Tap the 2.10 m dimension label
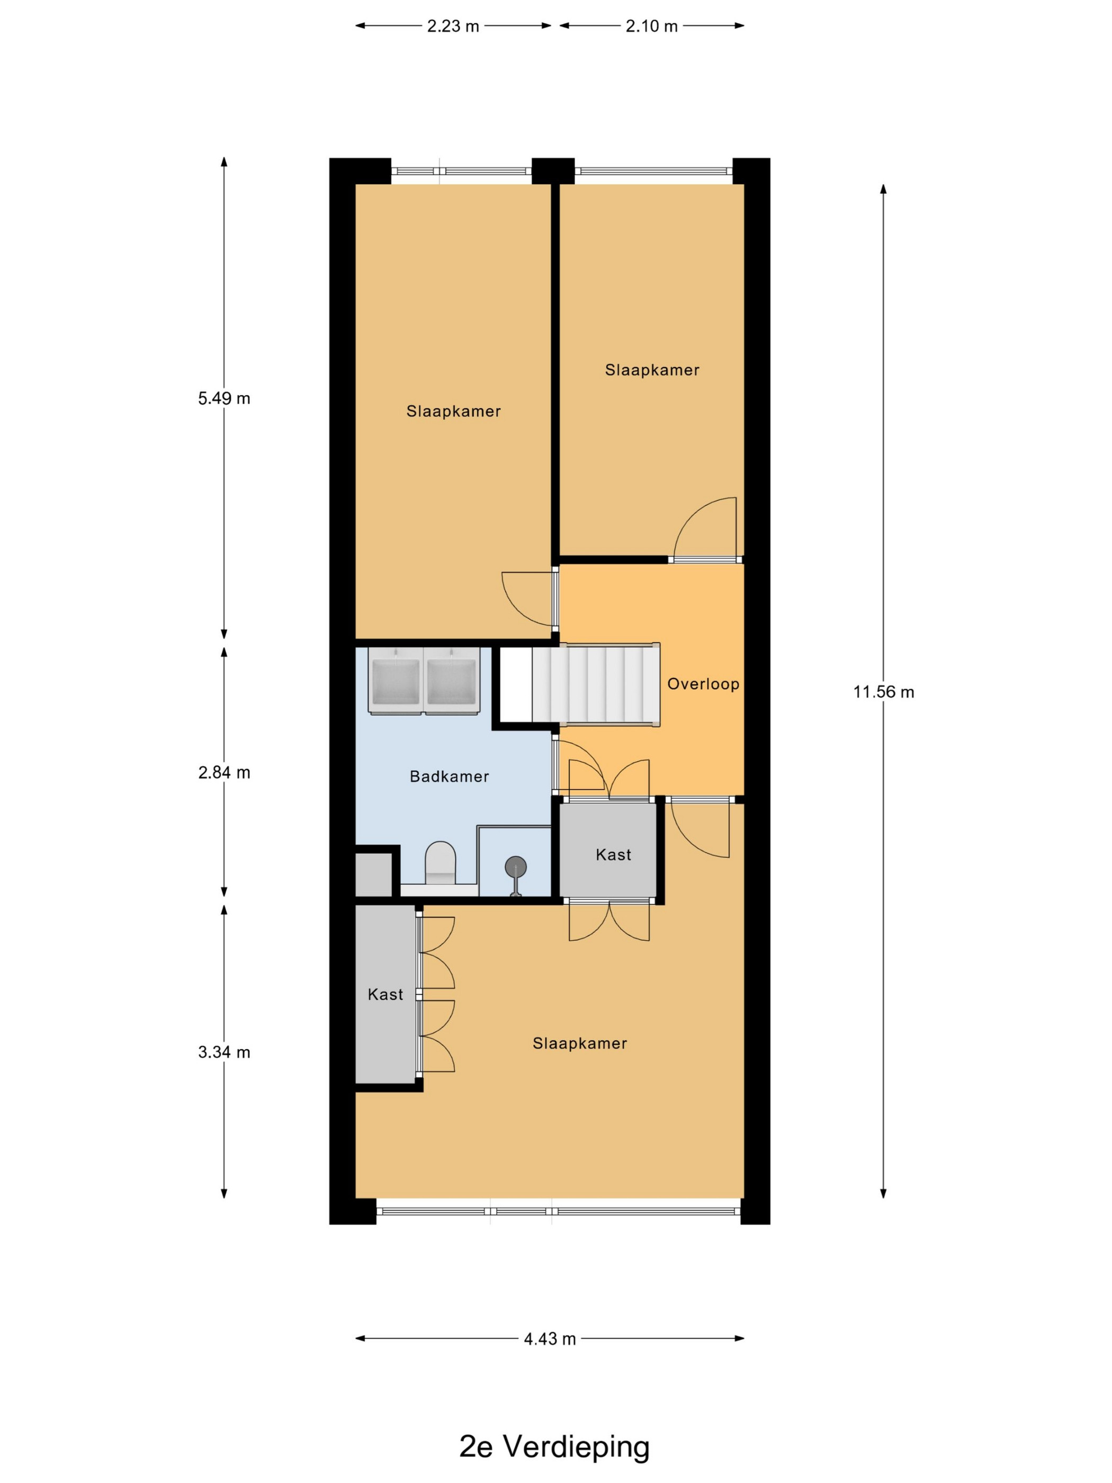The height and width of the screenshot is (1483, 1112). (651, 26)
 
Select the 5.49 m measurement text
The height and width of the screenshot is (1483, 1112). (224, 398)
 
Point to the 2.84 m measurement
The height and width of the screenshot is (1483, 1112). (224, 772)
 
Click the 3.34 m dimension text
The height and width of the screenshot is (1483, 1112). (224, 1052)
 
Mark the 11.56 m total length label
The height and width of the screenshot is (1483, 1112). (883, 691)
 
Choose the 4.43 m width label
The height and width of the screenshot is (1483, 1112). (550, 1338)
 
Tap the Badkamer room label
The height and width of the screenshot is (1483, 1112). (449, 776)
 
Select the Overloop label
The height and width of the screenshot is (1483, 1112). (703, 684)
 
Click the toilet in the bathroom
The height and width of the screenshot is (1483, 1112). (441, 864)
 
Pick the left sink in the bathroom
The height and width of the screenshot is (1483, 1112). (396, 680)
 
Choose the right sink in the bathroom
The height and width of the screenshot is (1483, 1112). (452, 680)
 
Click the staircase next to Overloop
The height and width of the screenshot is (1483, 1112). (596, 684)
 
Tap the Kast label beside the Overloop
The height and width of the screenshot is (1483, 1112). (613, 854)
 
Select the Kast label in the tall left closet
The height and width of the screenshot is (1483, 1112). (385, 994)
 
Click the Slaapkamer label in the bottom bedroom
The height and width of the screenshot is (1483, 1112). (580, 1043)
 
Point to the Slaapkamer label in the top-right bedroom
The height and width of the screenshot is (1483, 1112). (652, 370)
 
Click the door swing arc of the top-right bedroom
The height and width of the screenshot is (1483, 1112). (690, 514)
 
